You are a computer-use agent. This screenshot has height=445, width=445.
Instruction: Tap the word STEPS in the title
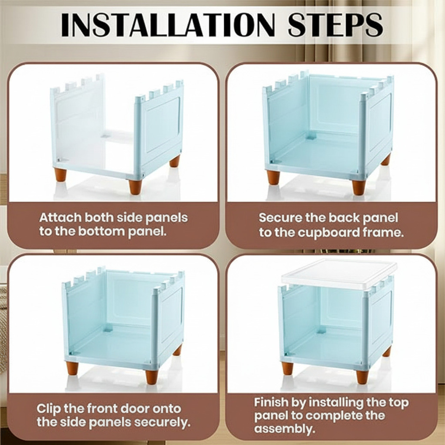pyautogui.click(x=335, y=24)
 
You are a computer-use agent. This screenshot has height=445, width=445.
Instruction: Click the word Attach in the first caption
pyautogui.click(x=60, y=217)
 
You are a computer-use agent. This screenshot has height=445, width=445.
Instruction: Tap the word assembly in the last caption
pyautogui.click(x=284, y=429)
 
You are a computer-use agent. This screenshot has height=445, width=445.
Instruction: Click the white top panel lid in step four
pyautogui.click(x=339, y=274)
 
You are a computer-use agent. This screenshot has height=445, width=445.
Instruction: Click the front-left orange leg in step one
pyautogui.click(x=60, y=177)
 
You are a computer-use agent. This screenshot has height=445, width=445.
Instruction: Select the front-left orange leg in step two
pyautogui.click(x=273, y=177)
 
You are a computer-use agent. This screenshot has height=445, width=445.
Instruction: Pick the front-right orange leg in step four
pyautogui.click(x=362, y=376)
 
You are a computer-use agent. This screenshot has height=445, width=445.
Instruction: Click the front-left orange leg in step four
pyautogui.click(x=287, y=368)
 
